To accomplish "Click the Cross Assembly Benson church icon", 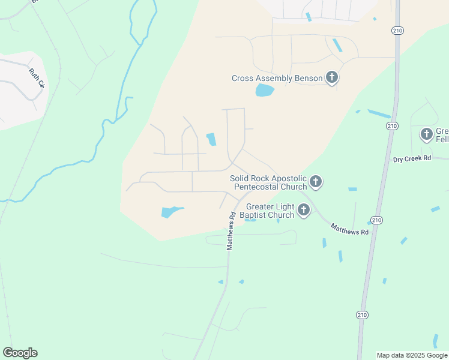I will click(331, 77).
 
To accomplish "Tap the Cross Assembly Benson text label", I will click(277, 79).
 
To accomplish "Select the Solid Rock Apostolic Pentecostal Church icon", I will click(316, 182).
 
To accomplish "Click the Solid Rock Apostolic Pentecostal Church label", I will click(268, 182).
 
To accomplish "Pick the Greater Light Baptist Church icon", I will click(304, 210).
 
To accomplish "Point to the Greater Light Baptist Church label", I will click(267, 211).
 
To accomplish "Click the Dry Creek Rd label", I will click(412, 159).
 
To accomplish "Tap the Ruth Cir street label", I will click(37, 78).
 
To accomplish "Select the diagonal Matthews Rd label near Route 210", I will click(349, 228).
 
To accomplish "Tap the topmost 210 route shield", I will click(397, 31).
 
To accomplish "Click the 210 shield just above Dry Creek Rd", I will click(392, 125).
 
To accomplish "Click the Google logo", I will click(20, 353).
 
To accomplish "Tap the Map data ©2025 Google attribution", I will click(412, 355).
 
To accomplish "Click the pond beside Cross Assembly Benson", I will click(264, 91).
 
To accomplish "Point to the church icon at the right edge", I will click(427, 134).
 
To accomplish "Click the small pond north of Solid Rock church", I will click(211, 139).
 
